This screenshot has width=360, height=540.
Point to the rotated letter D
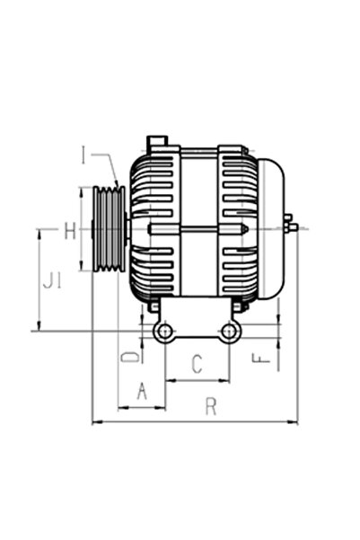(x=131, y=357)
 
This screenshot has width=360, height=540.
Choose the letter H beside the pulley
(x=70, y=232)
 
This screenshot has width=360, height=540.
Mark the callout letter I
(x=83, y=158)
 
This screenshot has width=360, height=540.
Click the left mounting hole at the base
(x=163, y=332)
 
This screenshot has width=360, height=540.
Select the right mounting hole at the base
(x=230, y=332)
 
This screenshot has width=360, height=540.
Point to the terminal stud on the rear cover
(x=290, y=226)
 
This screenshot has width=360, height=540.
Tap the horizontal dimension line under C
(x=197, y=380)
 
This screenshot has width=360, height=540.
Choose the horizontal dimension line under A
(x=141, y=407)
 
